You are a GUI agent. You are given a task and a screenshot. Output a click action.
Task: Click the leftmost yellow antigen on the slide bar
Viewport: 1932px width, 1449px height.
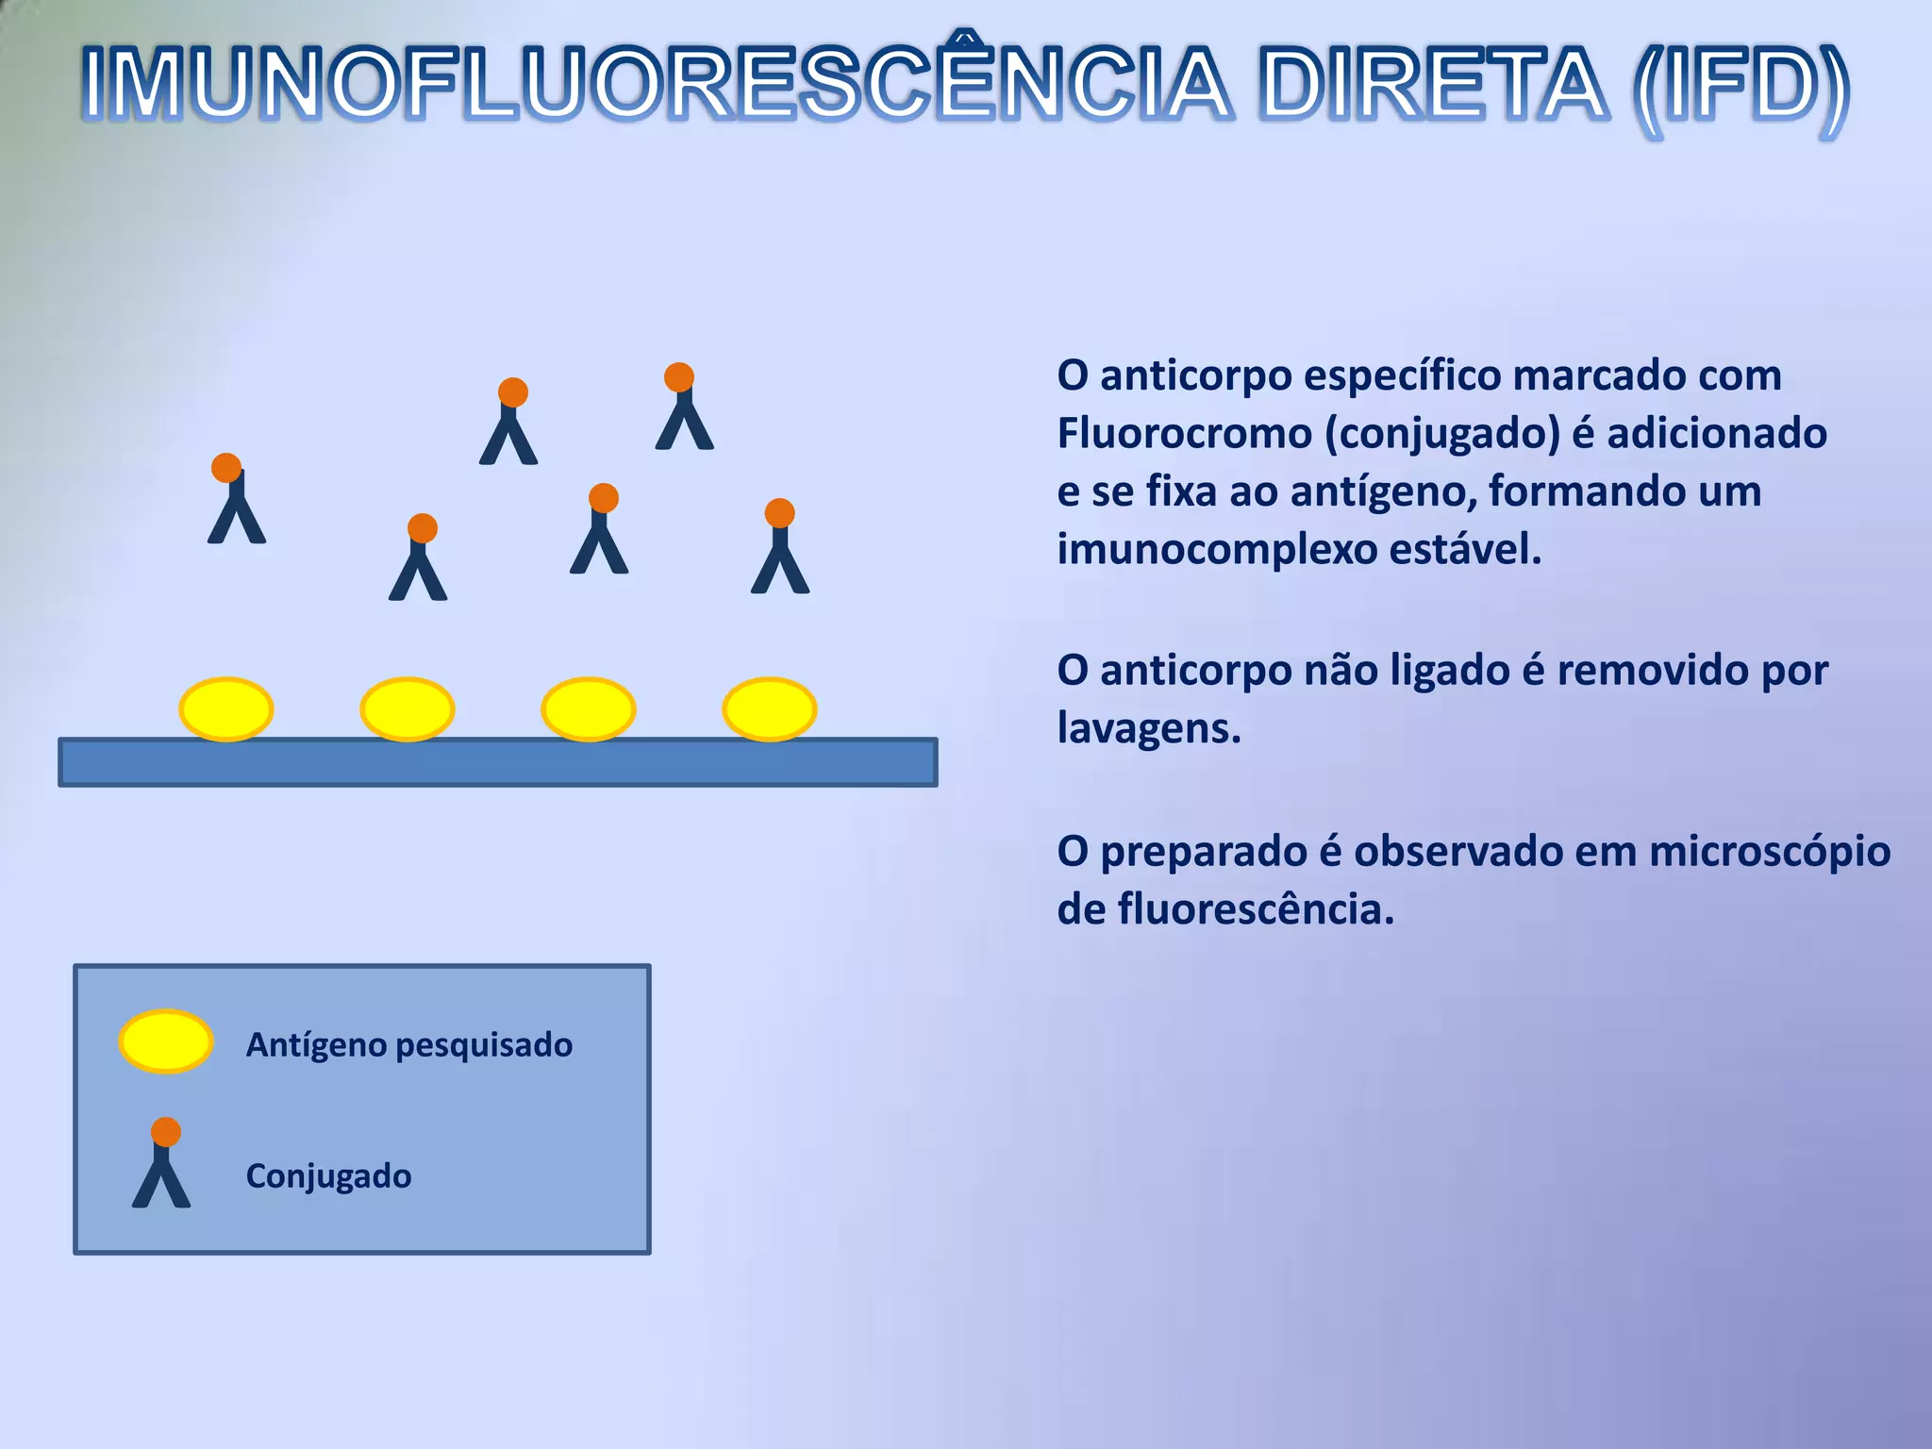pos(226,708)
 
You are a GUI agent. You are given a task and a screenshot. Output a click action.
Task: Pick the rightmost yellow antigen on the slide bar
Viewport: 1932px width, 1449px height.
pos(769,708)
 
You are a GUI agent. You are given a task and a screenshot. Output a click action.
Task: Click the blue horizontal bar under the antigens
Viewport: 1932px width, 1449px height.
pos(498,762)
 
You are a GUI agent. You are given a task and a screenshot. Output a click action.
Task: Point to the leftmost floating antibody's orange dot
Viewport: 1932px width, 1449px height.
pos(226,468)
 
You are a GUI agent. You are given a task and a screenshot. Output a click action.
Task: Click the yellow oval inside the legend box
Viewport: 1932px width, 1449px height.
pos(166,1041)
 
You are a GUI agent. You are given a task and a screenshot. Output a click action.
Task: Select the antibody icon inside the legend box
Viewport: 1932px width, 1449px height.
pos(162,1164)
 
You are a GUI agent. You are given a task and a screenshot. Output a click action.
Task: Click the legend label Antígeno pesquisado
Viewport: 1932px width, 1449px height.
pos(409,1045)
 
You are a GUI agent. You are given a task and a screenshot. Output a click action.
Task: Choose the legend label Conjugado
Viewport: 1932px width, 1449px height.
pos(328,1176)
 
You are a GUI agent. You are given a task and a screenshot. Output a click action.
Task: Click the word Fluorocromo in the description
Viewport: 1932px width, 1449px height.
pos(1184,434)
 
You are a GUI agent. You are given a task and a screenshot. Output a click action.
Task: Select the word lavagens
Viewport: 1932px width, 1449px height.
pos(1148,728)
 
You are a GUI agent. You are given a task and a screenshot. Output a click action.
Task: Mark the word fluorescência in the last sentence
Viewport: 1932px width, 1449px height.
pos(1256,909)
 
